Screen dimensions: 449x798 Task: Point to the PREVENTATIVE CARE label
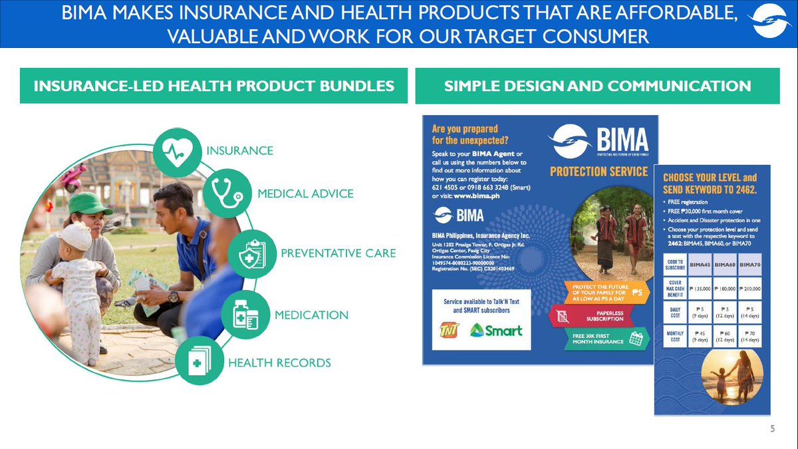(x=338, y=253)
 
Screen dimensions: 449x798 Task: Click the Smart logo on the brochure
(x=496, y=330)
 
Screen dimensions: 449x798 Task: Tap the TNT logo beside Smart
(x=449, y=330)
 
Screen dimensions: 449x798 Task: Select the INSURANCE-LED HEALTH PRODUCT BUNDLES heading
(x=213, y=86)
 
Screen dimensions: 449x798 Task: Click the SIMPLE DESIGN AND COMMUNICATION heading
(x=597, y=86)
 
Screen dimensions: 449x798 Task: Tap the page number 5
(x=772, y=429)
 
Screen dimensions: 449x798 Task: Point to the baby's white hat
(x=74, y=235)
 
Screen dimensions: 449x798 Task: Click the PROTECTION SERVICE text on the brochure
(x=598, y=172)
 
